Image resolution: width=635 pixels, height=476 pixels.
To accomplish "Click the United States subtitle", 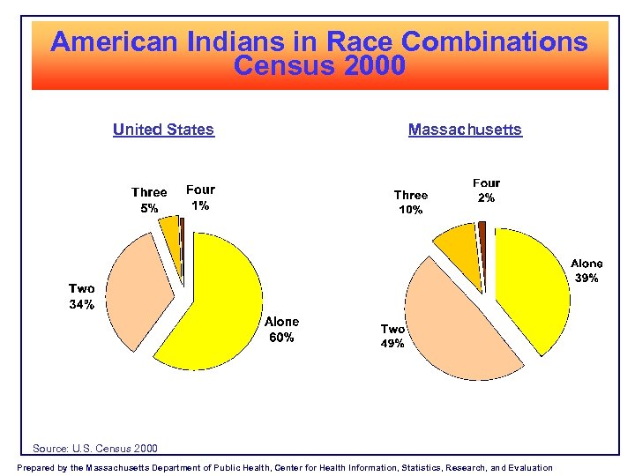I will click(163, 130).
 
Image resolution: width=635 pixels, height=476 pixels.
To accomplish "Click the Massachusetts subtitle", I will click(465, 130).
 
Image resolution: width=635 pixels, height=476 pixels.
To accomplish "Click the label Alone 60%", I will click(281, 330).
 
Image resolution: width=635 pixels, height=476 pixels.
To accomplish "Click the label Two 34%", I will click(82, 297).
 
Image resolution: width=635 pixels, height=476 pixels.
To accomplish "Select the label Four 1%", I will click(200, 197).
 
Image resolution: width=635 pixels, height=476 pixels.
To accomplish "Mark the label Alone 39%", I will click(586, 271).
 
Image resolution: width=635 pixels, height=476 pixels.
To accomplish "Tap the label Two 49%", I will click(392, 337).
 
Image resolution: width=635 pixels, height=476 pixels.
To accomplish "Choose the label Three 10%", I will click(410, 203).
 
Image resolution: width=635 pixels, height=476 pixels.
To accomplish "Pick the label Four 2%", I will click(486, 191).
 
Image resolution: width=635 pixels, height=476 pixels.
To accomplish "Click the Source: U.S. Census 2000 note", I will click(95, 449).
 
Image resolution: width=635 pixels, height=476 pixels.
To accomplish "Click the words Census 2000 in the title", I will click(320, 66).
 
